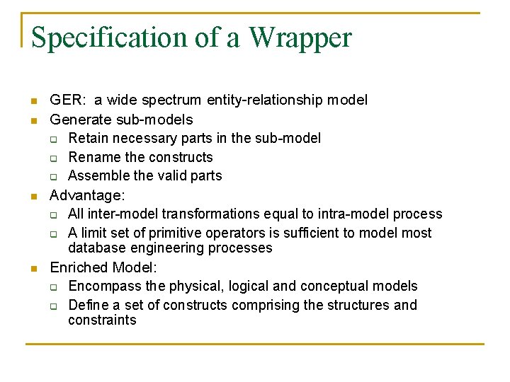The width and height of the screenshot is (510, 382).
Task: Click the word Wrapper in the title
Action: pos(300,37)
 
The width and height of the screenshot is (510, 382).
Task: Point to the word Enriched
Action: pos(74,267)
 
